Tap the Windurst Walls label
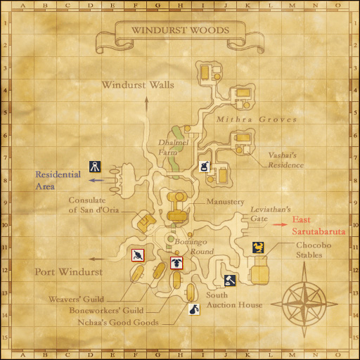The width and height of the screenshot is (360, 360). (138, 85)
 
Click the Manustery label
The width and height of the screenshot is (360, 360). (226, 201)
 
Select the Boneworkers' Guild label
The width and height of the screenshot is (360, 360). (106, 311)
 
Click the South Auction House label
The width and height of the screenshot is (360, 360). (234, 300)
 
